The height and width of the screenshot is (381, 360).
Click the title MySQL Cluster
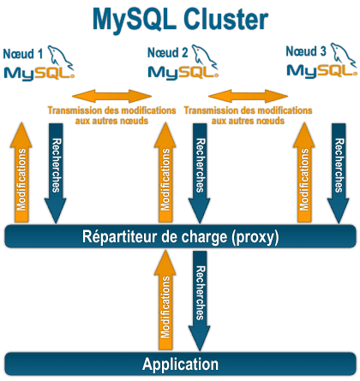179,18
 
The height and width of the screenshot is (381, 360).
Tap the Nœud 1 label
23,52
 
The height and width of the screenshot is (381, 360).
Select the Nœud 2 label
168,52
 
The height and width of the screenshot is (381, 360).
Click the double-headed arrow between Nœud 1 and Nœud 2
111,94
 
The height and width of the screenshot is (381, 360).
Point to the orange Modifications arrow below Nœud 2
165,176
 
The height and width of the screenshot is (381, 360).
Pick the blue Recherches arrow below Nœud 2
199,171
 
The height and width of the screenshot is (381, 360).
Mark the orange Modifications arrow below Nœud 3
303,176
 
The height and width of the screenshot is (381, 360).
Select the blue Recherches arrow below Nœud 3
336,171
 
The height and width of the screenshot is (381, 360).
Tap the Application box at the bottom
179,363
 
